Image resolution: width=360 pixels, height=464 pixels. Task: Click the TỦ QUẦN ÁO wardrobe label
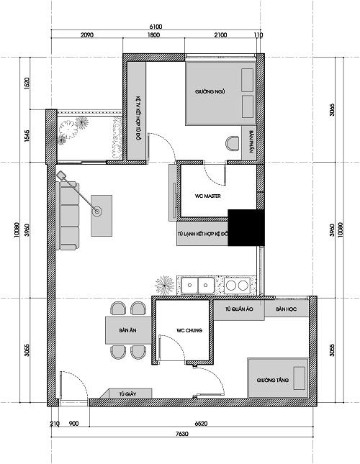coord(238,309)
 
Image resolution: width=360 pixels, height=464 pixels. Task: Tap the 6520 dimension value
coord(204,424)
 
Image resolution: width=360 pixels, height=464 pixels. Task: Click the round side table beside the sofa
coord(98,211)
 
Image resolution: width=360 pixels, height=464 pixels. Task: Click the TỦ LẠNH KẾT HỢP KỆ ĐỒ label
coord(202,235)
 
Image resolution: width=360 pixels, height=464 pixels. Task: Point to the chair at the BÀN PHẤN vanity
coord(233,141)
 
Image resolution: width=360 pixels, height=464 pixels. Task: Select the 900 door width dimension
coord(73,424)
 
